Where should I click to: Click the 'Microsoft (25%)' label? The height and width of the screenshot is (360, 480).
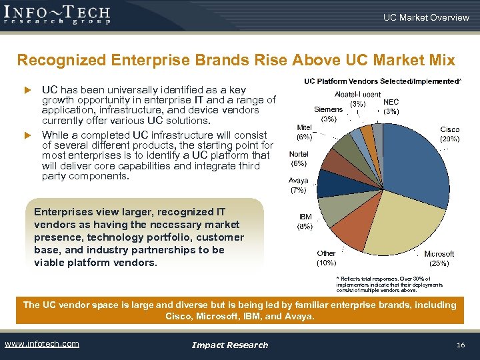(x=439, y=259)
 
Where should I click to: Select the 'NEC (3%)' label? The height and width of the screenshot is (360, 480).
(x=391, y=107)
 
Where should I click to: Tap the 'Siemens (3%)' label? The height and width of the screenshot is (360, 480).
(x=329, y=114)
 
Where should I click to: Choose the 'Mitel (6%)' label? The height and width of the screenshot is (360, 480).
(x=304, y=132)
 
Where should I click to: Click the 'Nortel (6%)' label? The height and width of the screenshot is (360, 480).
(x=298, y=159)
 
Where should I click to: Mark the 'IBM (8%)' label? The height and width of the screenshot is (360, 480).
(x=305, y=221)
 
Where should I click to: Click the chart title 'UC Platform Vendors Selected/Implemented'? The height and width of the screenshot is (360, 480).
(x=382, y=81)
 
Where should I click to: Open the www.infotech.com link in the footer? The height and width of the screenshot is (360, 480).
(x=41, y=344)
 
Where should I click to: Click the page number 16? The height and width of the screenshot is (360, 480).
(x=460, y=345)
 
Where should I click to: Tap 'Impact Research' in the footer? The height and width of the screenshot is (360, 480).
(x=229, y=345)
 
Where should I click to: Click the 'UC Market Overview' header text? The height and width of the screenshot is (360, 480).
(x=425, y=17)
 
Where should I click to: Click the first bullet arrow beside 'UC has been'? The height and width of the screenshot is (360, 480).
(x=28, y=90)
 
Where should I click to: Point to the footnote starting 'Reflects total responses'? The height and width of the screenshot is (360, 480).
(x=384, y=285)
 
